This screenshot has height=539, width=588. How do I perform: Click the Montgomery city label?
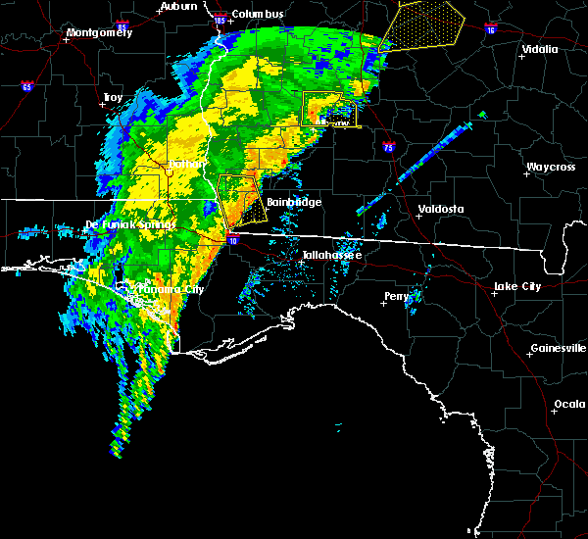point(98,32)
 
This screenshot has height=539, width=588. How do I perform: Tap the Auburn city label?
point(177,6)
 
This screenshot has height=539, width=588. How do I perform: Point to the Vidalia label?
point(539,49)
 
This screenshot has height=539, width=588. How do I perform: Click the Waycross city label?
point(549,168)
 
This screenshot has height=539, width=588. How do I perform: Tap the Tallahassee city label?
point(331,255)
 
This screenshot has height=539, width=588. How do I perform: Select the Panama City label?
point(172,290)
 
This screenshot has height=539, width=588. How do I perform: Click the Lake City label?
point(518,286)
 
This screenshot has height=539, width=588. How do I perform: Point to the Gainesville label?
point(558,348)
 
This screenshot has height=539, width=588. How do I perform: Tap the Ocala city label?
point(570,404)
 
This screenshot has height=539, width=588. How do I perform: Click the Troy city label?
point(113,98)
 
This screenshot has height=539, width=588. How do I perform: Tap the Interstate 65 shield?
point(26,86)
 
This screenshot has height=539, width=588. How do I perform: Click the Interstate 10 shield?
point(232,239)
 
